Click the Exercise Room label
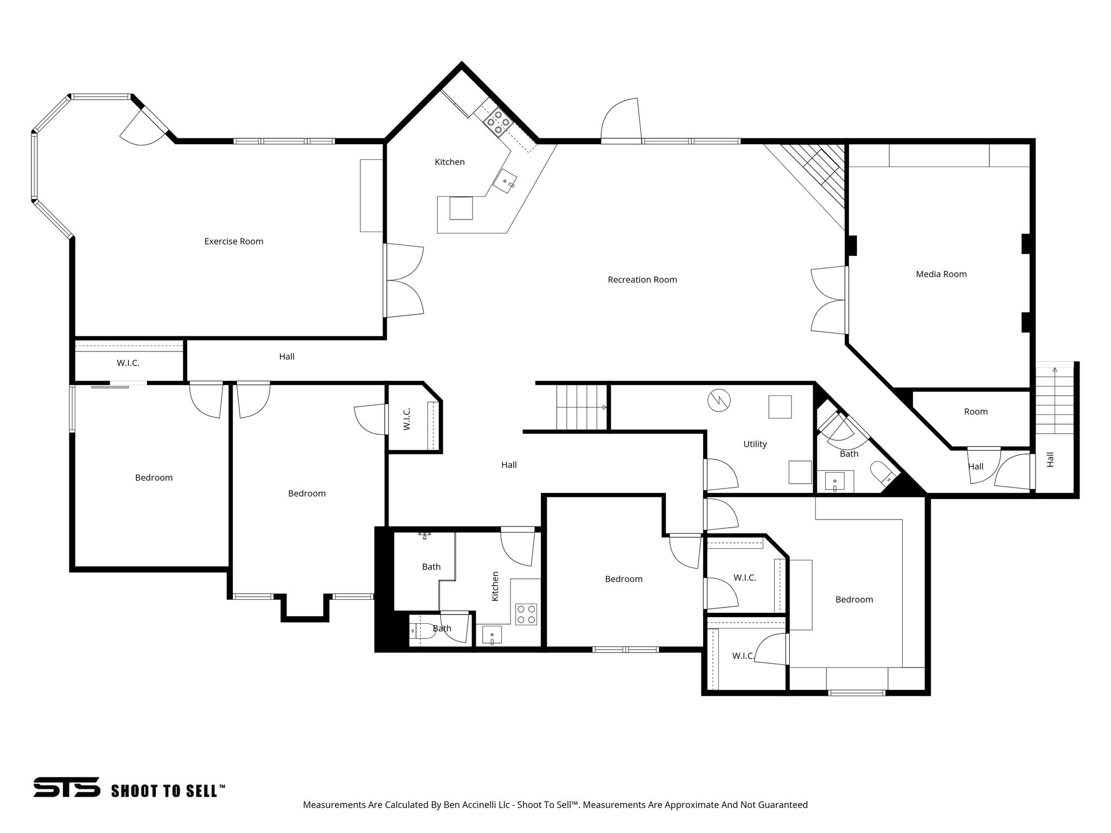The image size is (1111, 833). (234, 241)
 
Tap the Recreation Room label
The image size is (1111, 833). (642, 280)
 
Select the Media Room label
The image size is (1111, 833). (941, 274)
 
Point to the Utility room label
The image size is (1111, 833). (755, 444)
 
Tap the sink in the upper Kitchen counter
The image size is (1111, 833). (505, 182)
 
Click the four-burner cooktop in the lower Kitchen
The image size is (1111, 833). (526, 614)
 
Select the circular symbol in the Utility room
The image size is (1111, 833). (719, 401)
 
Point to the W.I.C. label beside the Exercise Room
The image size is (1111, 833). (128, 363)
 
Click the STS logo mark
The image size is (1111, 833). (66, 787)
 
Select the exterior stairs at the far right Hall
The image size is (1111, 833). (1055, 399)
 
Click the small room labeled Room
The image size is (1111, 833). (975, 412)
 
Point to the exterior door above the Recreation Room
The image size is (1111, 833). (621, 121)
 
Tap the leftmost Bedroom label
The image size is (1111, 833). (154, 478)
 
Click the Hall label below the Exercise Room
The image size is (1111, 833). (286, 356)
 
